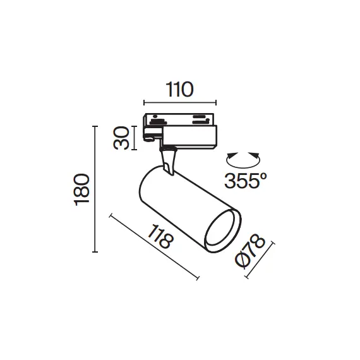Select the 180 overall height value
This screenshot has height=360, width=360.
pos(81,189)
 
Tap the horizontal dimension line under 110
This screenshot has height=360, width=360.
pos(180,102)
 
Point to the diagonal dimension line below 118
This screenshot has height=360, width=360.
pos(154,246)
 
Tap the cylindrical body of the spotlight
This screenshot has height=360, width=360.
pos(183,202)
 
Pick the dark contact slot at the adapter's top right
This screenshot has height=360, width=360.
pos(200,117)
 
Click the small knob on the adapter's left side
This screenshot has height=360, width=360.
pos(150,134)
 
